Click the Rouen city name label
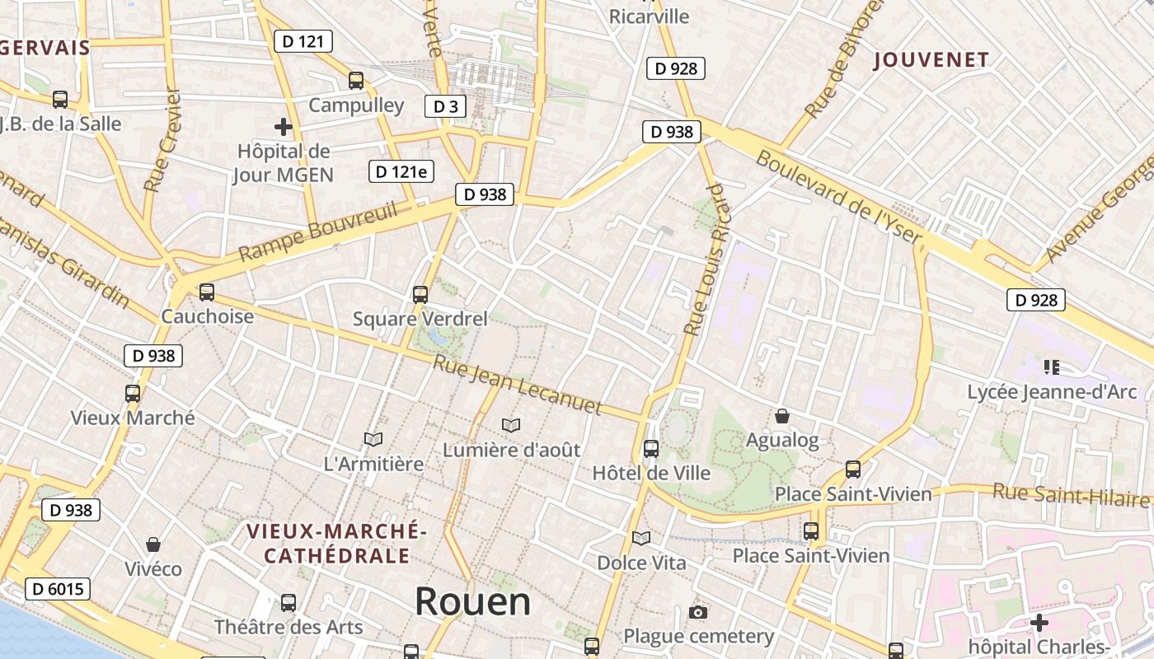coord(472,601)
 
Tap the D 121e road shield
coord(401,171)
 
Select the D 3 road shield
coord(445,106)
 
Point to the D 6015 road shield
coord(57,589)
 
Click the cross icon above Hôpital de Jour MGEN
coord(283,127)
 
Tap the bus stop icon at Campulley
coord(356,81)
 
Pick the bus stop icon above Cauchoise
coord(207,292)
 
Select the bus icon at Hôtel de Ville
coord(651,449)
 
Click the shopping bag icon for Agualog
coord(782,416)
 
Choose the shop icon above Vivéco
coord(153,544)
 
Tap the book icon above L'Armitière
coord(373,440)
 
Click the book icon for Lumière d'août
coord(511,425)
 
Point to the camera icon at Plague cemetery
coord(698,612)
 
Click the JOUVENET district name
coord(931,59)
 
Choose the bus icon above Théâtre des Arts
coord(288,602)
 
